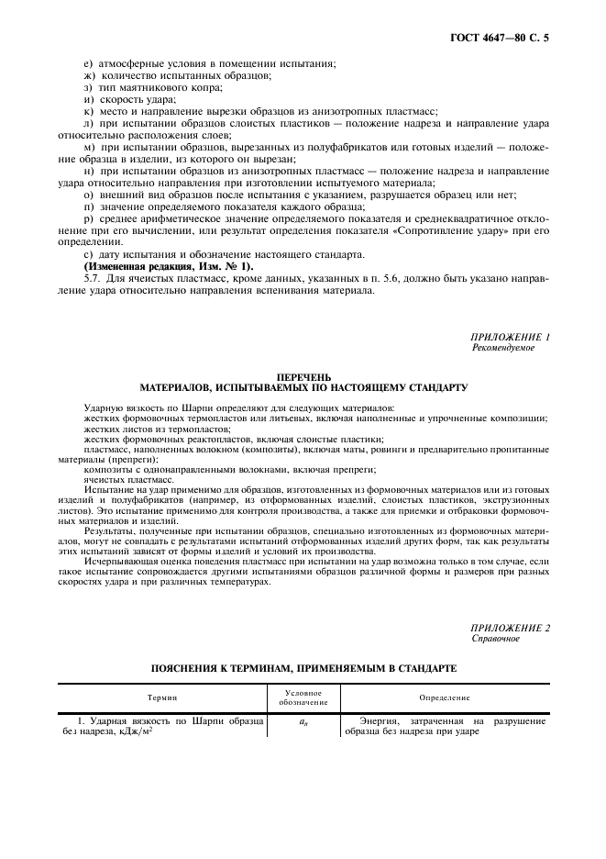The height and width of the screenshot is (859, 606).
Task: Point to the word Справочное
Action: pos(495,638)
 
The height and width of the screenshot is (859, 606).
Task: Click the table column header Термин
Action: pos(163,698)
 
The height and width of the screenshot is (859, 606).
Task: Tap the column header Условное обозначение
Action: pos(302,698)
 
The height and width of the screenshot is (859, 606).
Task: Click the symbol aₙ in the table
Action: pos(302,722)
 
